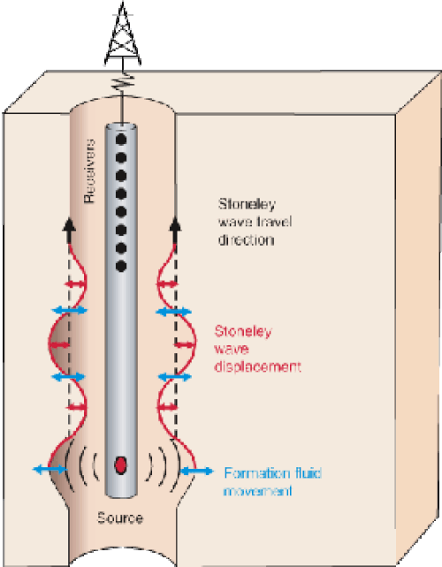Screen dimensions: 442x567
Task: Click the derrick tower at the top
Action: tap(123, 34)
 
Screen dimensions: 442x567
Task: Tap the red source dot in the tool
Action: tap(120, 465)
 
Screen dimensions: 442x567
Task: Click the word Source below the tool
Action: tap(120, 518)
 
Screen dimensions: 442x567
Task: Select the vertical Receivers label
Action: tap(89, 170)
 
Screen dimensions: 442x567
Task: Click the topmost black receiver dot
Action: tap(121, 140)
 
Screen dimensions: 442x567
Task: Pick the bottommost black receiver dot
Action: tap(121, 267)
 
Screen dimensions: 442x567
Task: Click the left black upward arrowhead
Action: tap(69, 225)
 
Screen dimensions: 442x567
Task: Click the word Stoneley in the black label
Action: tap(247, 204)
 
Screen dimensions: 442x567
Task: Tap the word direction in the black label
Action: tap(246, 239)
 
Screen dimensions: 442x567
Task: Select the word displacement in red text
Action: tap(257, 367)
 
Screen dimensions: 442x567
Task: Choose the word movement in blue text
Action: tap(257, 491)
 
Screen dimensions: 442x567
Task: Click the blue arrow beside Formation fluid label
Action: tap(196, 471)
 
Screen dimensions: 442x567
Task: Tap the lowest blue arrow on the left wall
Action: tap(50, 470)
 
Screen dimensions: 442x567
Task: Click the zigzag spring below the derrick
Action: tap(123, 83)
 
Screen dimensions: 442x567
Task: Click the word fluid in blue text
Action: tap(308, 473)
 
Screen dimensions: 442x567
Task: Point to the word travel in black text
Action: tap(274, 222)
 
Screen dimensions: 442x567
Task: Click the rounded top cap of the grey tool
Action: tap(121, 128)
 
